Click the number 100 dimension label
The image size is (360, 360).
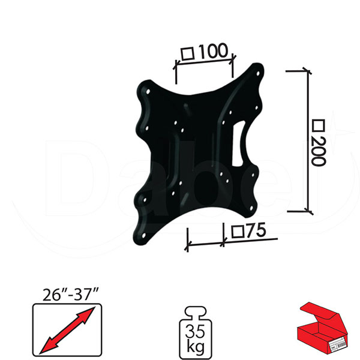click(x=214, y=51)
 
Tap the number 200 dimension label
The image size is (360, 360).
click(x=319, y=151)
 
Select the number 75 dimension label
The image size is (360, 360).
click(x=256, y=230)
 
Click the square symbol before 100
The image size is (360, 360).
click(x=188, y=54)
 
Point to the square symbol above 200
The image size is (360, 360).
click(x=319, y=126)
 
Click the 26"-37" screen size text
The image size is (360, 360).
click(x=71, y=295)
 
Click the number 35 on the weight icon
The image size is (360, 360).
click(x=195, y=331)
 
